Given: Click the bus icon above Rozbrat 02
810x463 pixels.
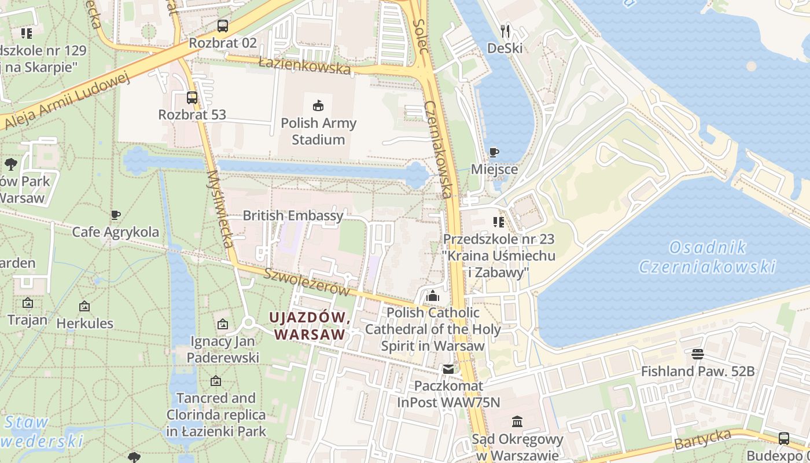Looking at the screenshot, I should point(222,26).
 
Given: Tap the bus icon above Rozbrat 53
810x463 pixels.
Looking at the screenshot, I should point(192,98).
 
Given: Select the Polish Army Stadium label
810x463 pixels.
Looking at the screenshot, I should point(318,131).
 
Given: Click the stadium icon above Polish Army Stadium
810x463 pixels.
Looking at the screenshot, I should point(318,105).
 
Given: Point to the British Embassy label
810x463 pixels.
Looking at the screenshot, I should point(293,216).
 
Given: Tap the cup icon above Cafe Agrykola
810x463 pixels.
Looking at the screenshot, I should point(116,215).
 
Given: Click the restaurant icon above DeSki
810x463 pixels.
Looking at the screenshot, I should point(505,31).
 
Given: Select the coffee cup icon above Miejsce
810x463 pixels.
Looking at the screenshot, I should point(494,153).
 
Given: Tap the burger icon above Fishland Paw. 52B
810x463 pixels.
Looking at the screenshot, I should point(697,354).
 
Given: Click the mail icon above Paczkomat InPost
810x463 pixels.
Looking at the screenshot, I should point(448,369).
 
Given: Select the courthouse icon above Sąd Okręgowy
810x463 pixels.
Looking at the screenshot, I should point(517,422).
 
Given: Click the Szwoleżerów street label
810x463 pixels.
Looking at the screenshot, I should point(307,282).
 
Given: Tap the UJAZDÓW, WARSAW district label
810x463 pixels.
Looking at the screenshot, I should point(310,326).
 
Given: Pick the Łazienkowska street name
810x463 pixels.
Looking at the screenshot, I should point(304,65).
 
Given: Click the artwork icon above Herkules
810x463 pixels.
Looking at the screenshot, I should point(84,306).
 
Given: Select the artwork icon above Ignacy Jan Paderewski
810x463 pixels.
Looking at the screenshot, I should point(222,325).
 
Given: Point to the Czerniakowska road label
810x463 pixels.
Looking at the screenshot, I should point(438,149).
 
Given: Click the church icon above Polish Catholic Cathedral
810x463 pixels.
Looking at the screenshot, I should point(433,296).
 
